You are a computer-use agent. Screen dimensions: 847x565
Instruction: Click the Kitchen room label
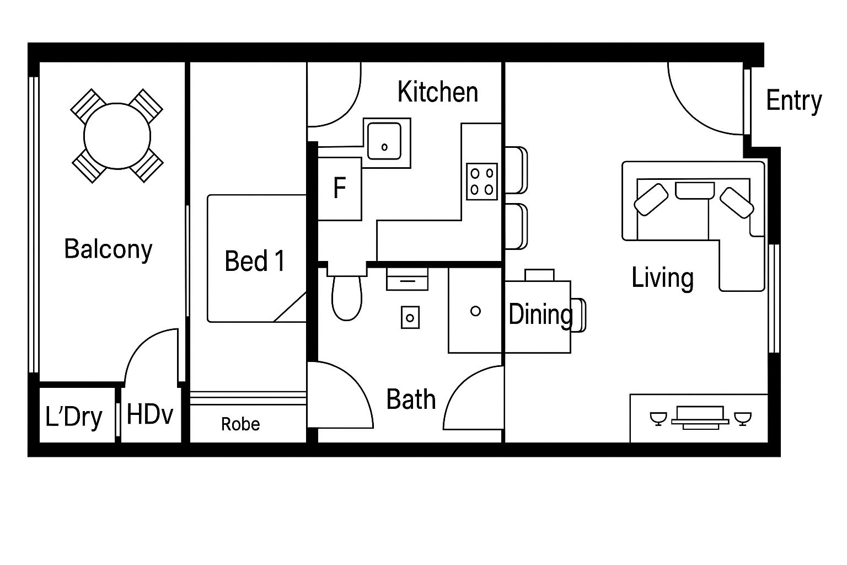(x=437, y=92)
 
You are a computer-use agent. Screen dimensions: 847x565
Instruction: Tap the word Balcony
(x=108, y=249)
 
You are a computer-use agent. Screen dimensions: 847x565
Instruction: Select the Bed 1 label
(x=254, y=261)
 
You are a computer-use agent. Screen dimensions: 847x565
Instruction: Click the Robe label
(x=240, y=424)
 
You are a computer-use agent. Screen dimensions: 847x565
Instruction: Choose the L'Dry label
(x=74, y=417)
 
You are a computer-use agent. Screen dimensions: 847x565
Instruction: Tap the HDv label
(x=150, y=414)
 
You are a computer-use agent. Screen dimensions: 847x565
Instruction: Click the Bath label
(x=411, y=399)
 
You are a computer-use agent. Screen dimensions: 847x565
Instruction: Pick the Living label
(x=662, y=279)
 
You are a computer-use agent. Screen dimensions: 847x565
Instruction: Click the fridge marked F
(x=340, y=189)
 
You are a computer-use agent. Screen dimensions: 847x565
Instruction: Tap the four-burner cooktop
(x=482, y=182)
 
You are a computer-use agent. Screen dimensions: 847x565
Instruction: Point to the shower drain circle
(x=475, y=311)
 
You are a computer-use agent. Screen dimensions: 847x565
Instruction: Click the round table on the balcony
(x=117, y=136)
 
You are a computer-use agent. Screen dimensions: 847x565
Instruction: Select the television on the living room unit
(x=700, y=418)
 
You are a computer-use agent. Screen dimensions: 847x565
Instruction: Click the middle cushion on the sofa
(x=695, y=190)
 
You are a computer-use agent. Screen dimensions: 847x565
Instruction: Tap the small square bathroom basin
(x=410, y=317)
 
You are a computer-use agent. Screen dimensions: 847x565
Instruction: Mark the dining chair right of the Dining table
(x=578, y=315)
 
